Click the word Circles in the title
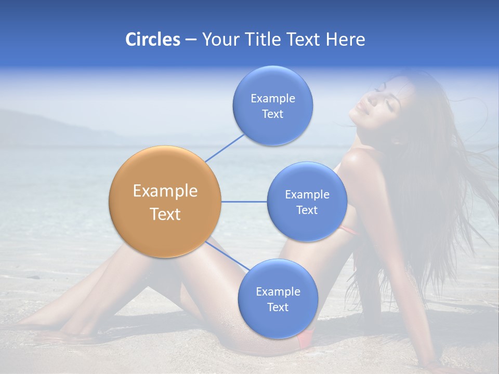152,39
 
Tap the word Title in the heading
261,39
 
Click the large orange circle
165,202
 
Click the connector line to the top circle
225,148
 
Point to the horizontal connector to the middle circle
244,202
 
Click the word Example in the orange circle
165,191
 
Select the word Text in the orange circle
165,214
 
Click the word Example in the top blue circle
273,98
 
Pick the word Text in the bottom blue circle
278,307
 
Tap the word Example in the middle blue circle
307,194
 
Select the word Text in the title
301,39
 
